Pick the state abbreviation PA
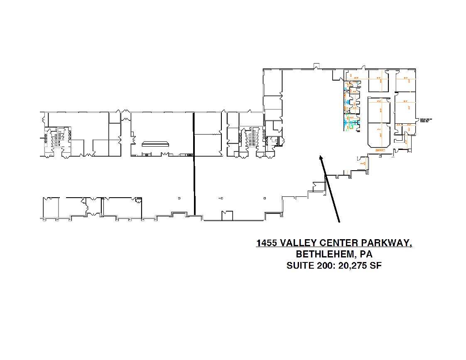(366, 254)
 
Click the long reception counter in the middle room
(155, 144)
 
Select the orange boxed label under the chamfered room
(379, 149)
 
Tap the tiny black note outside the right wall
(426, 120)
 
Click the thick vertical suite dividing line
(194, 166)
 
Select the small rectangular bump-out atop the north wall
(316, 66)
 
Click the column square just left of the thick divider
(179, 198)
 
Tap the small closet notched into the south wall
(227, 216)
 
